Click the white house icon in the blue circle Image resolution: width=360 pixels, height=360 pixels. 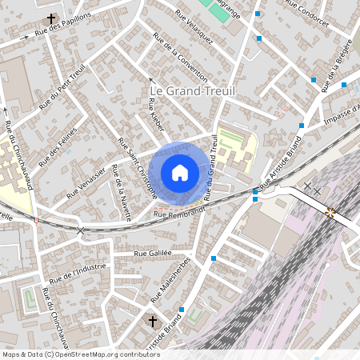[x=180, y=173]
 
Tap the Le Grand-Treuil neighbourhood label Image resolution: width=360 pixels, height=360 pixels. [x=193, y=92]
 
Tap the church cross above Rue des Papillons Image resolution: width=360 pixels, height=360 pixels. [x=52, y=18]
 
